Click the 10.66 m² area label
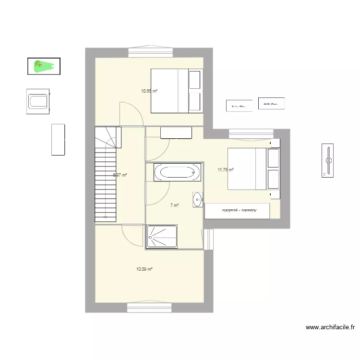(149, 91)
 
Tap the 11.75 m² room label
(226, 170)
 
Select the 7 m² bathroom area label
(174, 205)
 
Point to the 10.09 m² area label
(144, 269)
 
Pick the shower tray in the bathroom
(162, 237)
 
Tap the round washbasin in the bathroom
(198, 199)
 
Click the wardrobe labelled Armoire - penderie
(237, 211)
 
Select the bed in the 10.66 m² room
(177, 91)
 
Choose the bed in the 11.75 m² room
(253, 168)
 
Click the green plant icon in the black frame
(43, 66)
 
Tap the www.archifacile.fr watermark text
(330, 328)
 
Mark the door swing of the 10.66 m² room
(130, 114)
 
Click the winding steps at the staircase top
(108, 139)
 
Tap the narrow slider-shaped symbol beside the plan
(328, 160)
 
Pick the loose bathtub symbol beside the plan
(38, 101)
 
